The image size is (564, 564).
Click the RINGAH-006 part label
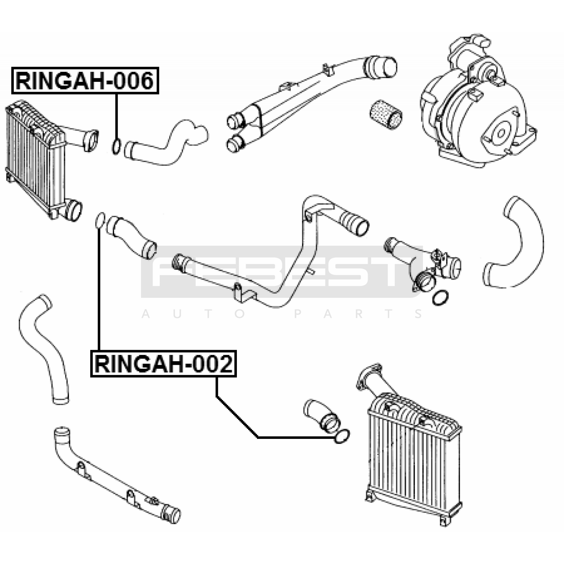[x=85, y=80]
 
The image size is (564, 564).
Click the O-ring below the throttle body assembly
[x=440, y=298]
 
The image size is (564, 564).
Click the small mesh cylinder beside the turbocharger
[x=386, y=114]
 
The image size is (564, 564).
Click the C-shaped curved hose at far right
[x=518, y=243]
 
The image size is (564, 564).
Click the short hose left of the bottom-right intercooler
[x=323, y=416]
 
